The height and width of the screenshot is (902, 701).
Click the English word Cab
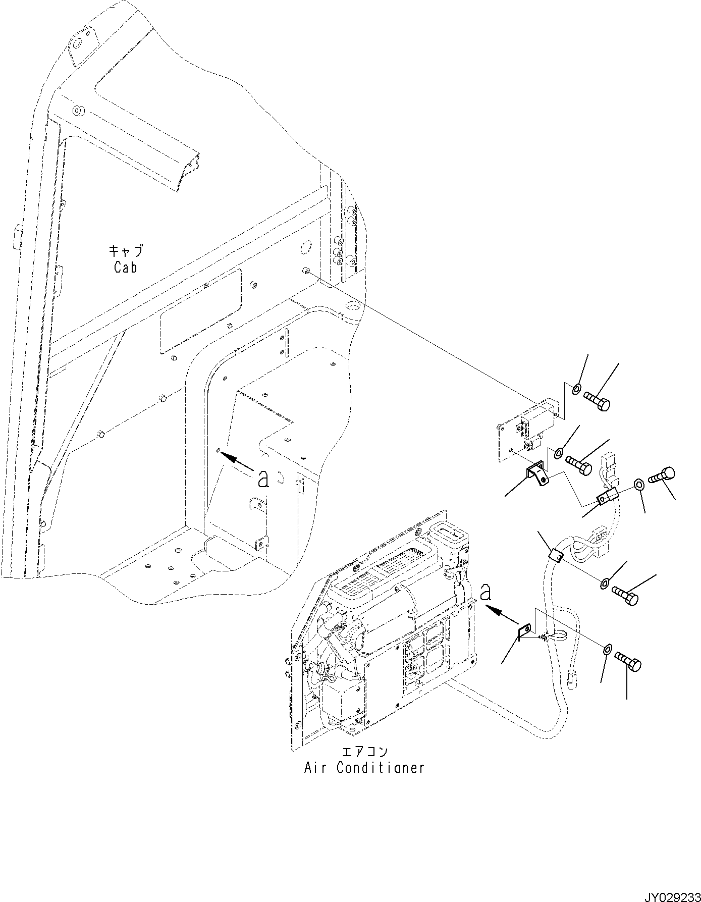125,268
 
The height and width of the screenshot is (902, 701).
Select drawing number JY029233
669,894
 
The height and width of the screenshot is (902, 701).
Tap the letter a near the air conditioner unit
486,591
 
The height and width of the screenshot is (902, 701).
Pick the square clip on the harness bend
556,556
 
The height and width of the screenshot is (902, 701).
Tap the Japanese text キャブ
126,250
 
